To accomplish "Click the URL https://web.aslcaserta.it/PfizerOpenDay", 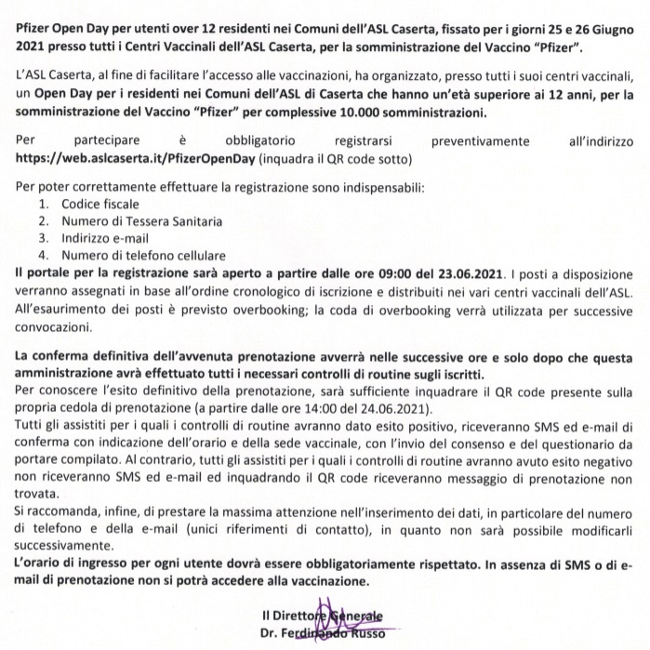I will click(x=136, y=158).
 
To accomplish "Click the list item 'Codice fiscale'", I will click(x=100, y=204).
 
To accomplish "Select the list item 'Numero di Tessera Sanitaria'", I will click(x=142, y=221).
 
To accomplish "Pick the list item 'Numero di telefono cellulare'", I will click(x=143, y=255).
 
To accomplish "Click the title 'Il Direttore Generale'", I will click(x=322, y=616).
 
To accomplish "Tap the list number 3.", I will click(x=43, y=238).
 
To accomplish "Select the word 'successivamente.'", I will click(x=64, y=547).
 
